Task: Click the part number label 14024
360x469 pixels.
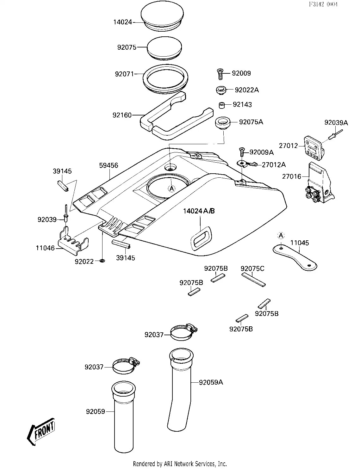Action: point(123,22)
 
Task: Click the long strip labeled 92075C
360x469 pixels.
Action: point(253,280)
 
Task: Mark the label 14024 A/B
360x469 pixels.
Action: point(199,211)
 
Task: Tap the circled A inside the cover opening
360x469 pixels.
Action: point(171,189)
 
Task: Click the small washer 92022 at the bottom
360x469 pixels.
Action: point(102,261)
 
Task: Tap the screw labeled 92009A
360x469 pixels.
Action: point(242,152)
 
